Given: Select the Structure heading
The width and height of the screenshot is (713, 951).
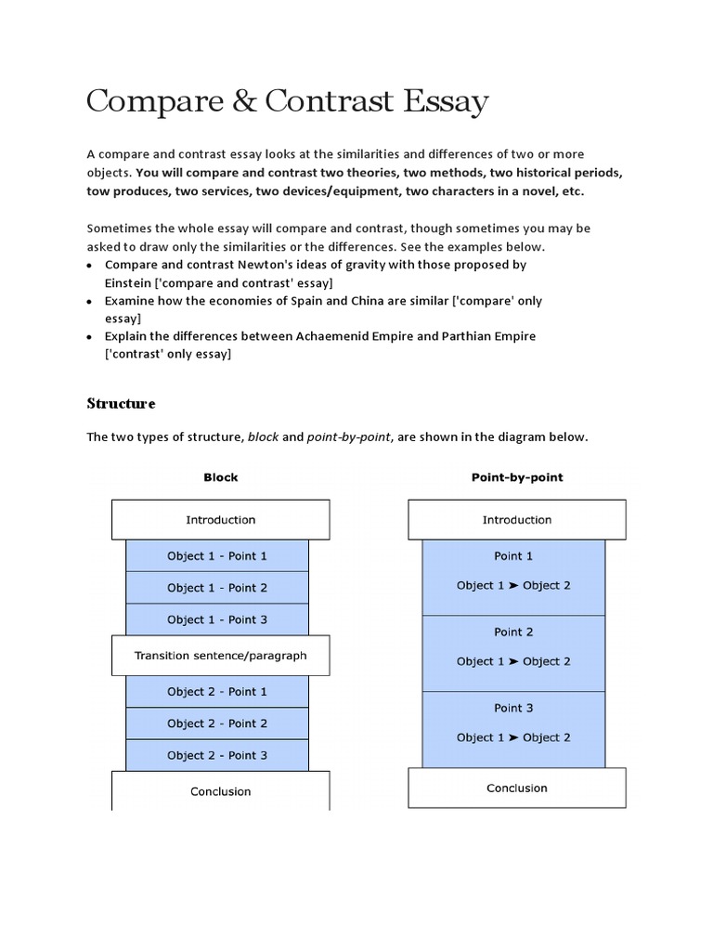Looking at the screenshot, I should pyautogui.click(x=121, y=403).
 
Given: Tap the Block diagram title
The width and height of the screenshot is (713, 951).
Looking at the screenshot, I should pyautogui.click(x=221, y=477).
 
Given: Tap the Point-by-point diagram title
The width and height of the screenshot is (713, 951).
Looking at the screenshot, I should pyautogui.click(x=517, y=477).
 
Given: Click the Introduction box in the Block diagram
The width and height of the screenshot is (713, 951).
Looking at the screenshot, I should pyautogui.click(x=221, y=520).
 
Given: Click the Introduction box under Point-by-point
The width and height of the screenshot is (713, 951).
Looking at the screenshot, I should pyautogui.click(x=517, y=520).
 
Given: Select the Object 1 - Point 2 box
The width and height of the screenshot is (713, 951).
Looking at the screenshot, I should pyautogui.click(x=217, y=588).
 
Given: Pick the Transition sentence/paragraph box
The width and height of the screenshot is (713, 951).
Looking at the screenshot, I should pyautogui.click(x=221, y=656).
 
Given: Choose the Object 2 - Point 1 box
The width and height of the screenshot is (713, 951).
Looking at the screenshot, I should pyautogui.click(x=217, y=692).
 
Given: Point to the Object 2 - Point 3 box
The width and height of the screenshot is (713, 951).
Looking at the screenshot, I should pyautogui.click(x=217, y=755).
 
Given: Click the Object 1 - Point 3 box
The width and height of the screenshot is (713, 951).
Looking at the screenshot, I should pyautogui.click(x=217, y=619).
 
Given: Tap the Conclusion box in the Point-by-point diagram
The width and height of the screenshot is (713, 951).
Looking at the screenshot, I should pyautogui.click(x=517, y=788).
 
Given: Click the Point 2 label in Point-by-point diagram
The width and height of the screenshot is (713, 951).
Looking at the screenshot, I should pyautogui.click(x=513, y=632).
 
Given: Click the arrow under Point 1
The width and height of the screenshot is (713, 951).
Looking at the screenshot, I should pyautogui.click(x=513, y=586).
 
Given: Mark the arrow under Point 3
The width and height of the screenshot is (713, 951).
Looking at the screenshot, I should pyautogui.click(x=513, y=738).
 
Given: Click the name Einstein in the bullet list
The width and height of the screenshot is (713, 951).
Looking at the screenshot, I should pyautogui.click(x=134, y=282).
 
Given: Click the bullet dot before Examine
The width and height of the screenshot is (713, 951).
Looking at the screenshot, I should pyautogui.click(x=90, y=303).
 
